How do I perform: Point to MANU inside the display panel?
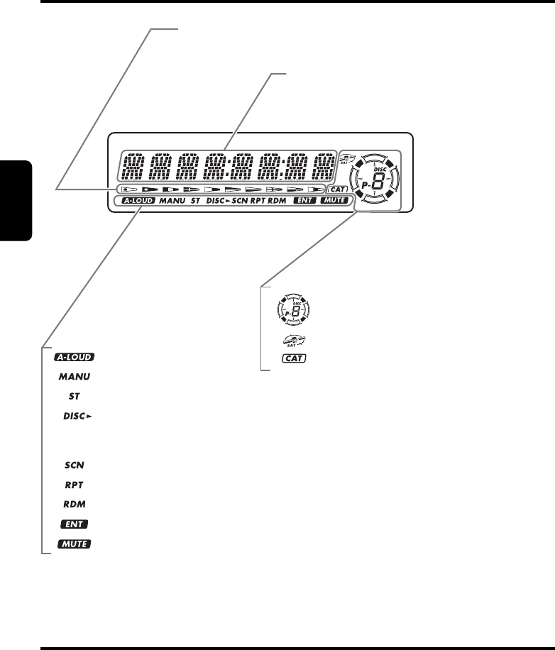(172, 201)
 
